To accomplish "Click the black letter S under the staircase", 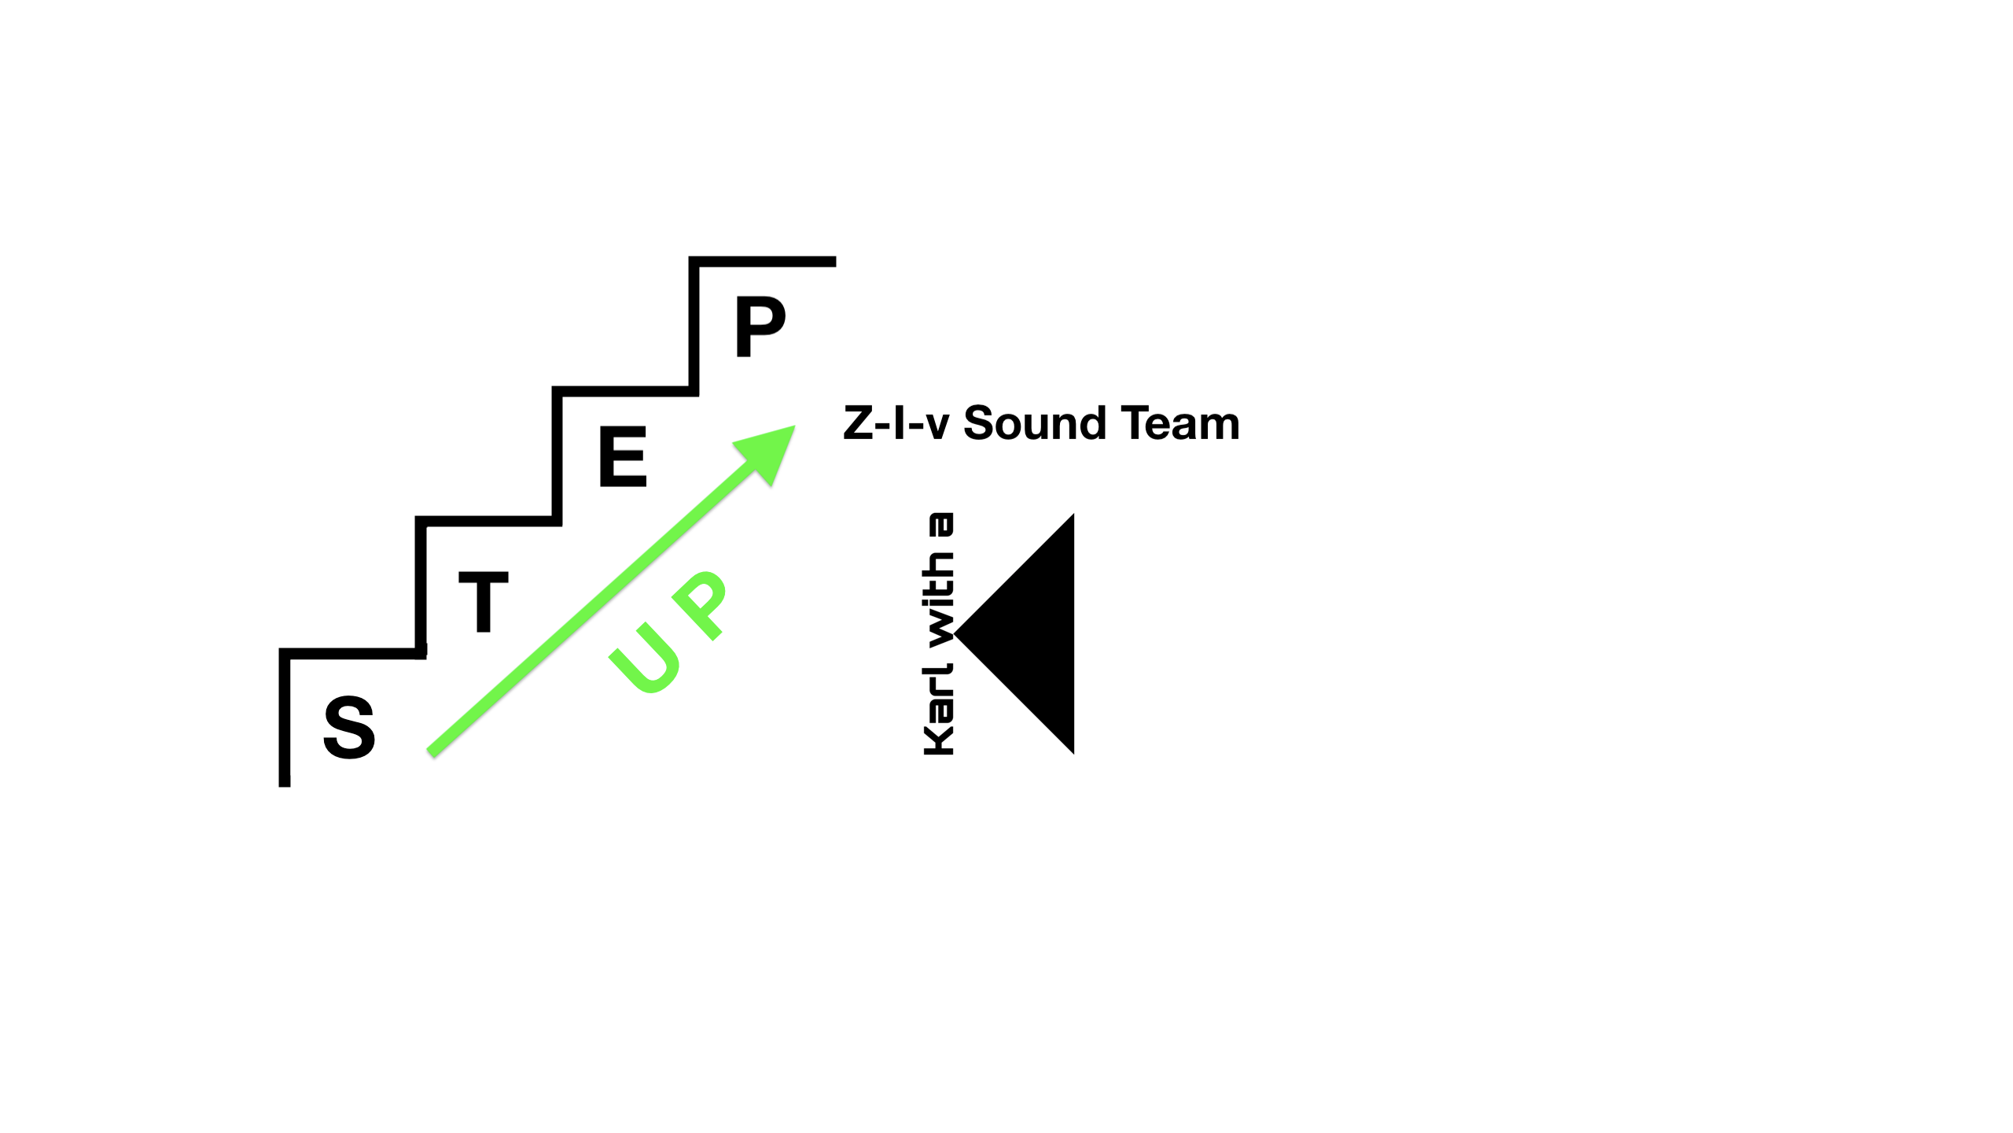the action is coord(349,727).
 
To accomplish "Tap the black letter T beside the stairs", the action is coord(484,602).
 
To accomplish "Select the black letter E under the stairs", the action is coord(623,456).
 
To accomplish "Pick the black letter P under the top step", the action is coord(760,327).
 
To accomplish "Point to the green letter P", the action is coord(699,604).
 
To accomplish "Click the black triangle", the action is coord(1014,633).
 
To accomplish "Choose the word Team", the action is coord(1181,423).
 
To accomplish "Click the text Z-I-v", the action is coord(896,423).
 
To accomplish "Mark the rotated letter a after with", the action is coord(940,525).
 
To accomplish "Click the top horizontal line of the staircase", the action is coord(762,261).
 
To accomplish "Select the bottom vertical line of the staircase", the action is coord(285,718).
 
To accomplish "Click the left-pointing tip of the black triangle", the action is coord(955,633).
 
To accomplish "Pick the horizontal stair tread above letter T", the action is coord(488,521).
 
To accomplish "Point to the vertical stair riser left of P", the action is coord(694,327).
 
